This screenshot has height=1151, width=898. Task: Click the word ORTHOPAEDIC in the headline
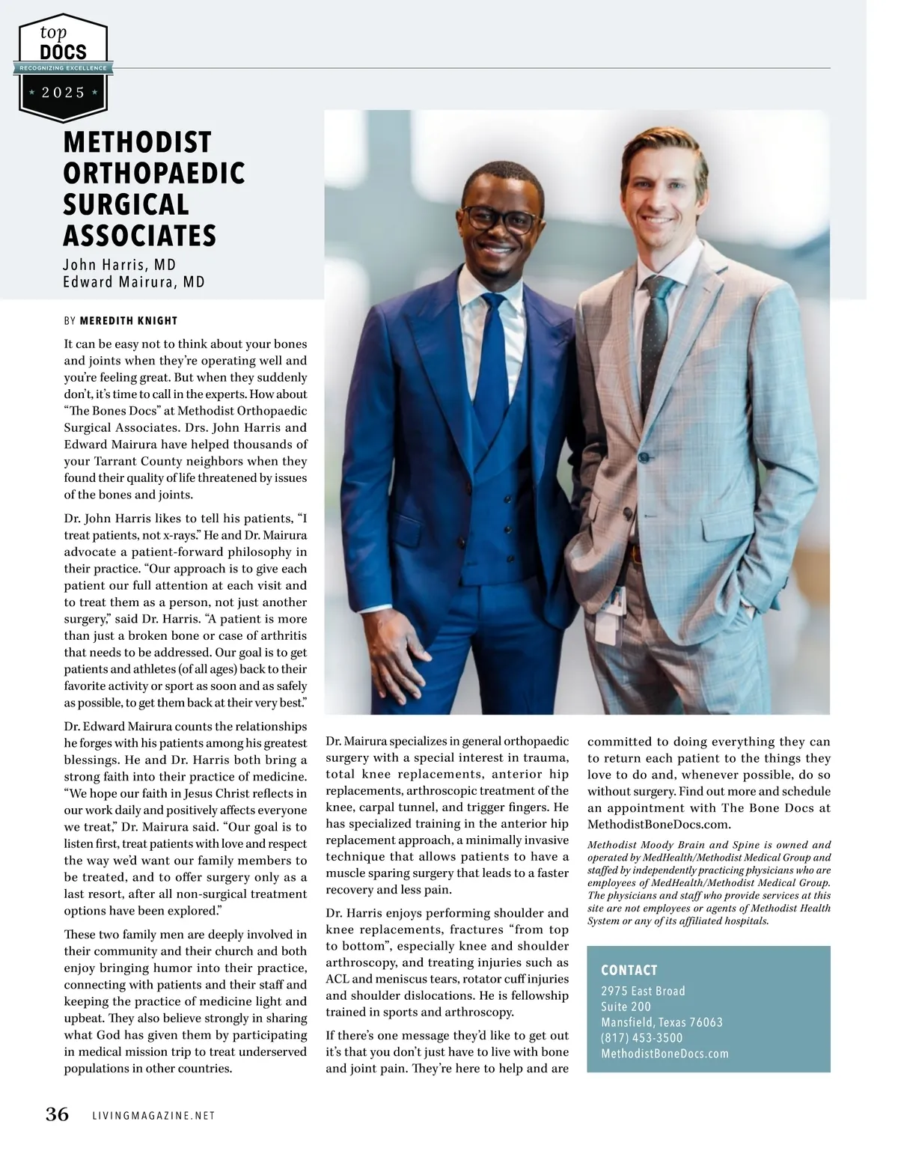(x=154, y=173)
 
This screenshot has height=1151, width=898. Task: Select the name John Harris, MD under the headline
(x=119, y=265)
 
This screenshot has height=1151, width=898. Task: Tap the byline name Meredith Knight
(x=128, y=321)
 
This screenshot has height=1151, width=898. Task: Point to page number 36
(x=57, y=1114)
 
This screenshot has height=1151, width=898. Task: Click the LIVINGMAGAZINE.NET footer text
(x=153, y=1116)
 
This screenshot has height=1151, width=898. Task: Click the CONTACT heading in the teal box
(x=629, y=970)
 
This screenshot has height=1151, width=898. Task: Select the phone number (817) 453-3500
(x=642, y=1038)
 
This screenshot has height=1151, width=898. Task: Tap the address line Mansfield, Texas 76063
(x=662, y=1022)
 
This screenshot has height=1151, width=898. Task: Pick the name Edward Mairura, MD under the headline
(x=134, y=282)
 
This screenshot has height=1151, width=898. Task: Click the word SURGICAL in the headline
(x=126, y=204)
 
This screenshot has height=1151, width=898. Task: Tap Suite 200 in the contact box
(x=626, y=1007)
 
